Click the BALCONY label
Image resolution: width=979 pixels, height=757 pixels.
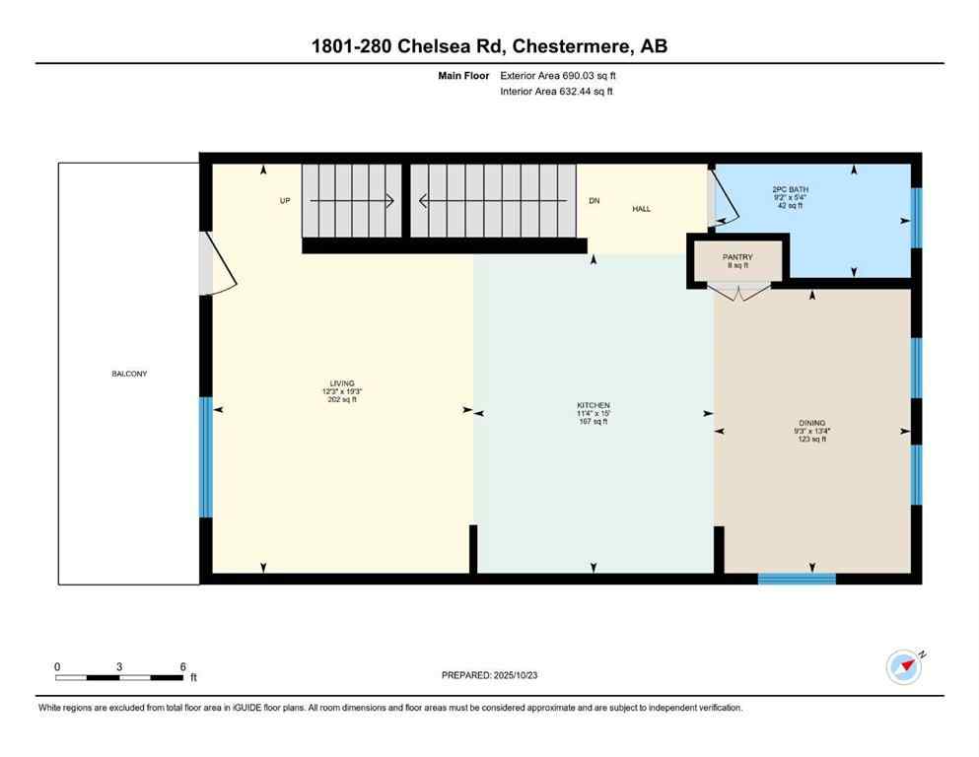click(x=129, y=374)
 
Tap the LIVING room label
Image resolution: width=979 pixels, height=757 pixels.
click(x=342, y=383)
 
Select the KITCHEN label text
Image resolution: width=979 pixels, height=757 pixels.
click(x=594, y=405)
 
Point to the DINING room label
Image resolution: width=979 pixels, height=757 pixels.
click(x=812, y=422)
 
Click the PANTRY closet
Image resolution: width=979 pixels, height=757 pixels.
click(x=737, y=260)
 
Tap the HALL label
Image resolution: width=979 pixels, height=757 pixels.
click(x=641, y=208)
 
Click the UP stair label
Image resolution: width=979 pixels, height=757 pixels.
click(x=285, y=201)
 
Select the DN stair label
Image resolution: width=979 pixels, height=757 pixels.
click(x=594, y=201)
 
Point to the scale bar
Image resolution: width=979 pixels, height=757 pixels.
click(x=119, y=677)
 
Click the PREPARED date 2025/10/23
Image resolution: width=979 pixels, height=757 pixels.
click(x=490, y=675)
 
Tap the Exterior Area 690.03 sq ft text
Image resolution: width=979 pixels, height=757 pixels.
click(x=559, y=75)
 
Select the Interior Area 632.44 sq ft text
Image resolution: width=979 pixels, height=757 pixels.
click(x=558, y=92)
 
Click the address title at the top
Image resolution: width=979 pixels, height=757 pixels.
click(x=489, y=46)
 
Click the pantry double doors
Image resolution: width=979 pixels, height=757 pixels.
click(x=737, y=292)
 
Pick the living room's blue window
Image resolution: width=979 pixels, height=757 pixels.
click(x=206, y=457)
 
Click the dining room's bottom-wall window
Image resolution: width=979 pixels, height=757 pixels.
click(x=797, y=579)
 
